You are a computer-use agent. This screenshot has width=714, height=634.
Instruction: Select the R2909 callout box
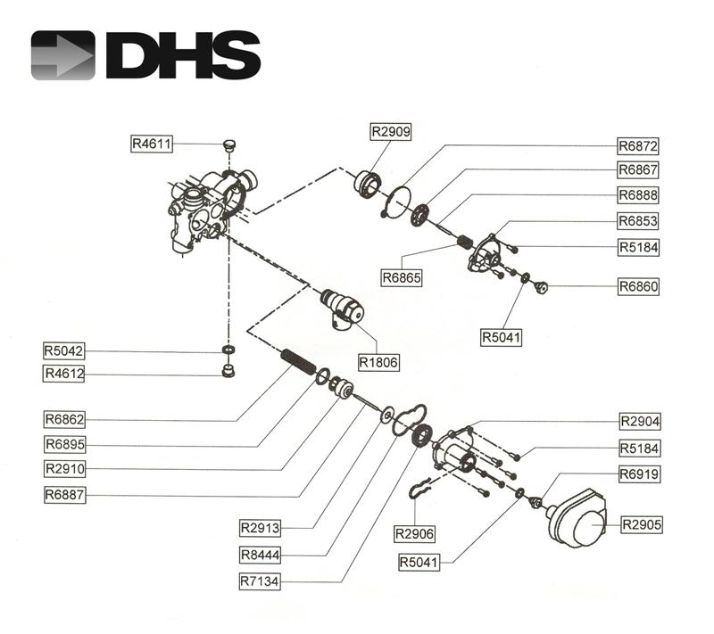tap(390, 131)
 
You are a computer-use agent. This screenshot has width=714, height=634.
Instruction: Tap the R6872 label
tap(638, 144)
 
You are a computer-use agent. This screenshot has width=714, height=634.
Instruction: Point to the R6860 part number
tap(638, 287)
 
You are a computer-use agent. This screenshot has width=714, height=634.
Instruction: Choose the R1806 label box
tap(378, 363)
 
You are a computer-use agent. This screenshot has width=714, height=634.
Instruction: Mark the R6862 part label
tap(64, 418)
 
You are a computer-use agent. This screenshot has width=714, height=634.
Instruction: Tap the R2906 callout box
tap(415, 533)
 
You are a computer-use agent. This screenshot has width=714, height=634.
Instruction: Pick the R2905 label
tap(642, 524)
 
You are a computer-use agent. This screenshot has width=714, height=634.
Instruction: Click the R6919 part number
tap(638, 474)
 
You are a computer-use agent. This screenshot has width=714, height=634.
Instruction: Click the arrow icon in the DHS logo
tap(62, 55)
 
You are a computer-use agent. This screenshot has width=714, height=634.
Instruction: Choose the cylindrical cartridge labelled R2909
tap(368, 183)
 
